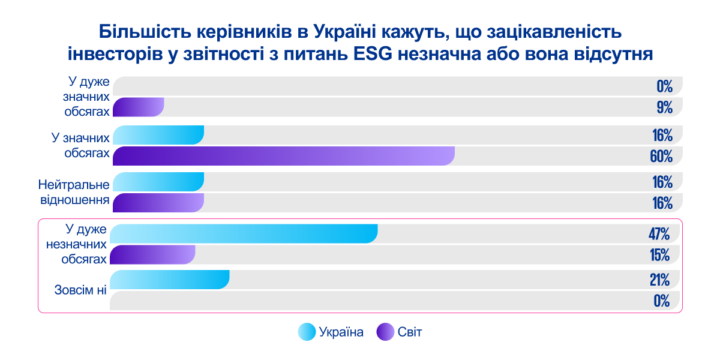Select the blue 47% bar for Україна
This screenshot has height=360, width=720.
point(244,233)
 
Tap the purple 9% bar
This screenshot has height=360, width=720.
point(138,107)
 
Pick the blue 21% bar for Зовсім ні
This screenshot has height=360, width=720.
point(170,280)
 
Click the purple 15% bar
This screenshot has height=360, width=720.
point(153,255)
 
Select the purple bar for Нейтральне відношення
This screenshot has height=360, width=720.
point(158,203)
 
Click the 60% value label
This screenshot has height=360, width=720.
point(661,157)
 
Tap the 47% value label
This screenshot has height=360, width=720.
point(658,233)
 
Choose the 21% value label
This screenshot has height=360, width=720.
point(659,280)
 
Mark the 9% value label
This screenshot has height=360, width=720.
point(664,108)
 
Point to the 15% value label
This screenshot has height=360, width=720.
point(659,255)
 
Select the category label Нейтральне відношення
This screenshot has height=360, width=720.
point(74,191)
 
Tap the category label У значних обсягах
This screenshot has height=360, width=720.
point(80,145)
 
